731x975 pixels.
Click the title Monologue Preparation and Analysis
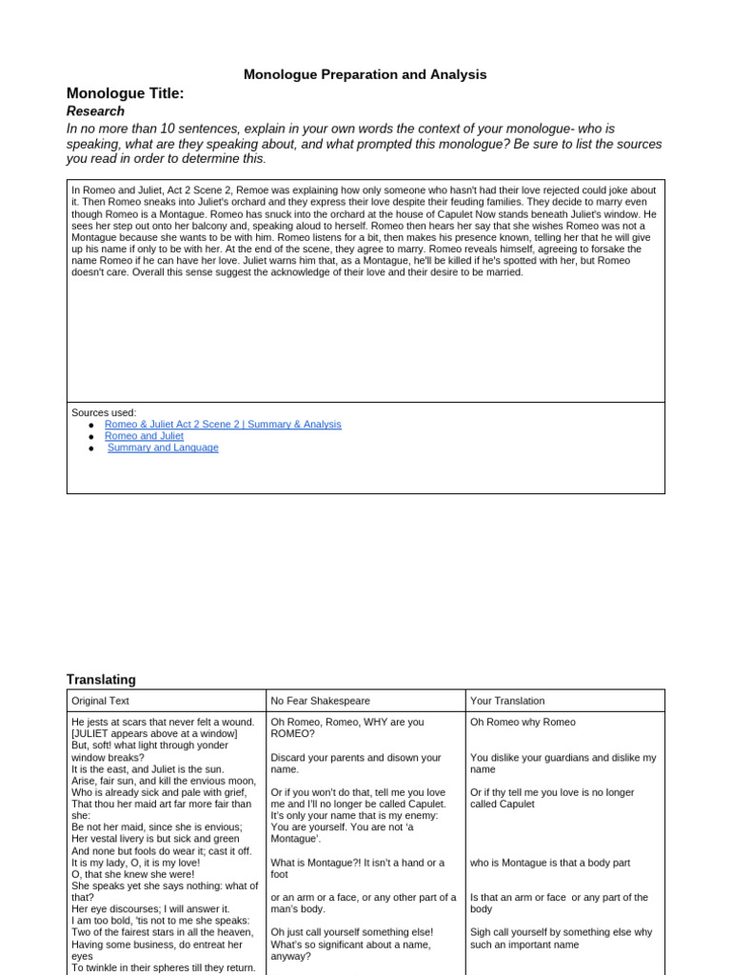pos(365,74)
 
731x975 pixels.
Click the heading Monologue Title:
pos(125,93)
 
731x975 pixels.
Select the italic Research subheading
pos(95,111)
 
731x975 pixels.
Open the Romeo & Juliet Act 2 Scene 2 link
pos(223,425)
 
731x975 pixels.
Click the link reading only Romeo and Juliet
pos(144,436)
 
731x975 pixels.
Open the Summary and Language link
pos(163,448)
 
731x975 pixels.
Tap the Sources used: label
pos(104,412)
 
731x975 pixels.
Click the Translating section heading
pos(101,680)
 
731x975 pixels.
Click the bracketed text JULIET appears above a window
pos(154,734)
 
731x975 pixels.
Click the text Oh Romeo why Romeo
pos(523,723)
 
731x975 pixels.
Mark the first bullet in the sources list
pos(90,425)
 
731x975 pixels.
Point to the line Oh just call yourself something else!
pos(352,932)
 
